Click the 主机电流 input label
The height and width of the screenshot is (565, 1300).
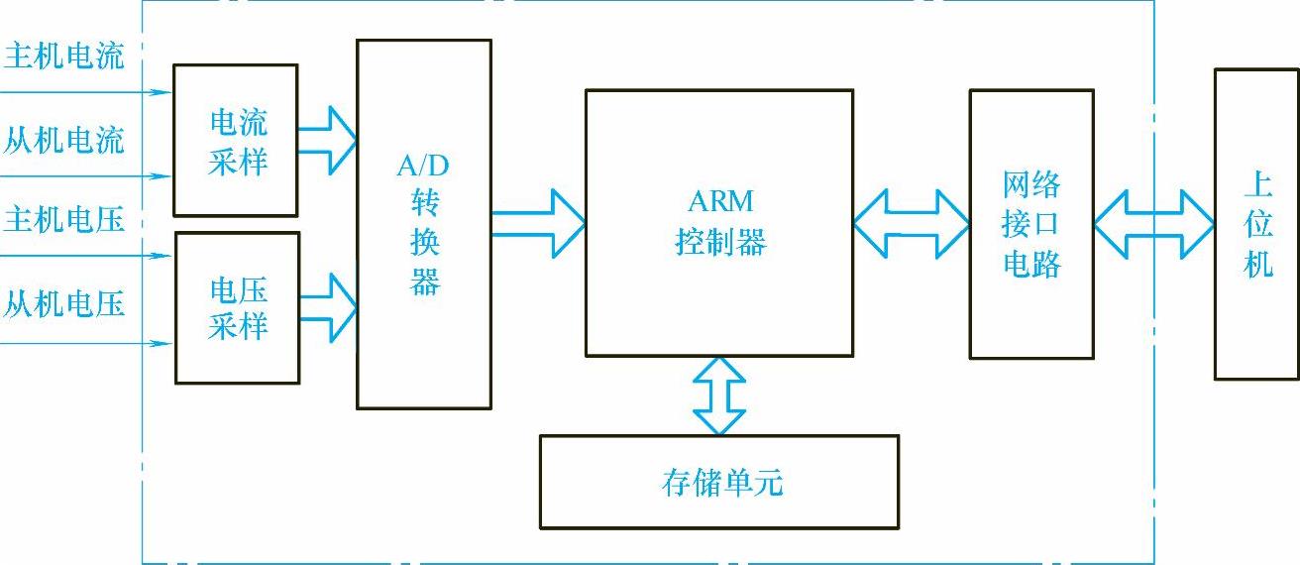(65, 56)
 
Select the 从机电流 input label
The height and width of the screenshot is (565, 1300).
(65, 140)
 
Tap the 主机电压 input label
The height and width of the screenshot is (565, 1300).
(65, 219)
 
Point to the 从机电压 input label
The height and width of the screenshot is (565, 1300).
(65, 303)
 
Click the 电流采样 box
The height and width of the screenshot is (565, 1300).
(236, 141)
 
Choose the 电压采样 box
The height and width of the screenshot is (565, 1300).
(238, 307)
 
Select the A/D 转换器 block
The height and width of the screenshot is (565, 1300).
(424, 224)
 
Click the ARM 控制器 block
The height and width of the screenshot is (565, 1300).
(719, 223)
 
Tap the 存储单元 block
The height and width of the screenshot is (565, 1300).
(719, 482)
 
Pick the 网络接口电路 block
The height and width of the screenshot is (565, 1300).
(1031, 224)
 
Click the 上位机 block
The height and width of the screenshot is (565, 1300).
(1256, 224)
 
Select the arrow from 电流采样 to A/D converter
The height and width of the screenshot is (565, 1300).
(327, 141)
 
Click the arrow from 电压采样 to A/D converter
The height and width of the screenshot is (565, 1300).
(327, 307)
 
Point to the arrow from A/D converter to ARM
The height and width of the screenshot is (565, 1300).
(538, 224)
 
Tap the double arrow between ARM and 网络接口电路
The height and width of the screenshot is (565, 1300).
(911, 224)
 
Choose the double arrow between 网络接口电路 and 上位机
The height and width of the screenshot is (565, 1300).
(1154, 224)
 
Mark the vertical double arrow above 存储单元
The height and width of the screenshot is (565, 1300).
(719, 395)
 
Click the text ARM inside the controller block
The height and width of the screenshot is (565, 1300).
(720, 202)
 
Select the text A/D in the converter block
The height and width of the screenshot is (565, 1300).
(423, 166)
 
